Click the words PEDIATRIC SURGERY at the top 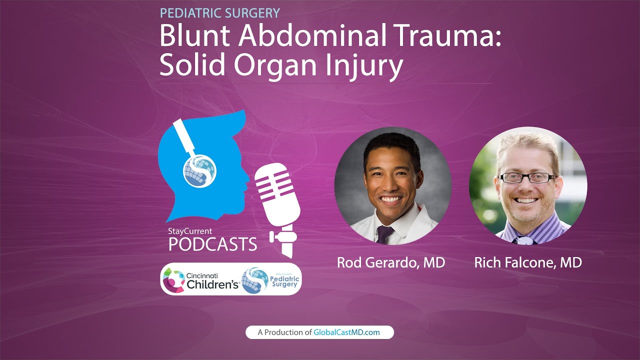(220, 13)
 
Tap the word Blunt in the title (194, 37)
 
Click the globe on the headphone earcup (199, 170)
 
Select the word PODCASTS (212, 244)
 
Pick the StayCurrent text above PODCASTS (190, 231)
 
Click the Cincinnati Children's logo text (212, 282)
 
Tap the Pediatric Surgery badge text (285, 279)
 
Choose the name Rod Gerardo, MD (391, 263)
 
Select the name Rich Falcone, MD (528, 263)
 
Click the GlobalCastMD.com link (346, 332)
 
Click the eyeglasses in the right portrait (526, 177)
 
